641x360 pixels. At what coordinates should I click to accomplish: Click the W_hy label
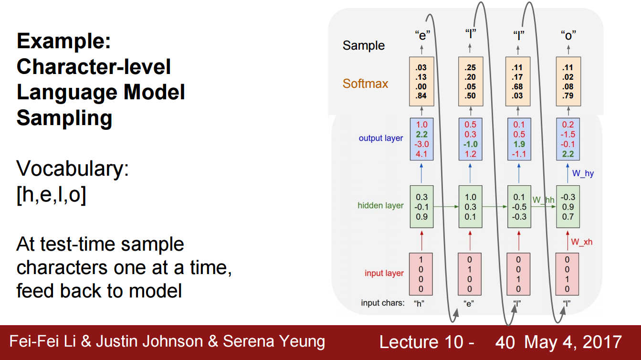[x=583, y=174]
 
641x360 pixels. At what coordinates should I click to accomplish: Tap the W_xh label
[x=582, y=242]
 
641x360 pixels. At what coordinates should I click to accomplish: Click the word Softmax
[x=366, y=84]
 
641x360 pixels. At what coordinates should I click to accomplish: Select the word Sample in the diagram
[x=364, y=46]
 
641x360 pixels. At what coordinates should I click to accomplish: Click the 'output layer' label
[x=381, y=138]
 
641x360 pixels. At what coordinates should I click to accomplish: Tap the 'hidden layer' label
[x=380, y=206]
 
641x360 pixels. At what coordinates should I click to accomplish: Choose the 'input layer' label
[x=384, y=274]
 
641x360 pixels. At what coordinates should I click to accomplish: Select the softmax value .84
[x=421, y=96]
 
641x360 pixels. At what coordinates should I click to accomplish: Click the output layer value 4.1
[x=421, y=154]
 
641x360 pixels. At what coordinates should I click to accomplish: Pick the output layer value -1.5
[x=567, y=135]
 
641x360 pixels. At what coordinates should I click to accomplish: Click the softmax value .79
[x=567, y=96]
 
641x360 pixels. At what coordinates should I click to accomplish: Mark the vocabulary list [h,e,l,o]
[x=52, y=196]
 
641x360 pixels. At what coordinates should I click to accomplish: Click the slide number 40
[x=505, y=342]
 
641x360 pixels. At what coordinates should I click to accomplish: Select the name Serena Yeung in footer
[x=274, y=342]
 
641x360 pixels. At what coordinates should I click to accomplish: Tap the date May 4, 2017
[x=573, y=342]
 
